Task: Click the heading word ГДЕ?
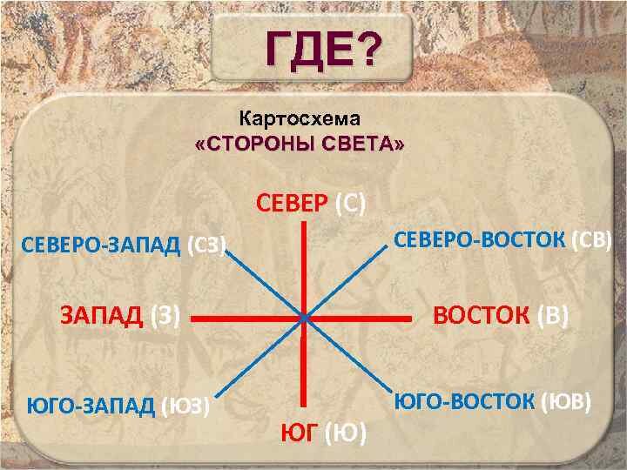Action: pos(322,49)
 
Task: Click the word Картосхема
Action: pos(300,118)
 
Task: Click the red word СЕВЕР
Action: pos(292,204)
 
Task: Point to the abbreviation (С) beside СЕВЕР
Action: pos(350,205)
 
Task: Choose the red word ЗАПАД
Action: pos(102,316)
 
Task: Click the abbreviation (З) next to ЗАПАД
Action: pos(165,316)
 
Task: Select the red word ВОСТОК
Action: pos(481,315)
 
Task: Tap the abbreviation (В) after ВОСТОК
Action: pos(552,316)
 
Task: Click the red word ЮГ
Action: pos(300,433)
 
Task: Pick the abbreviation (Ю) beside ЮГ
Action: pos(345,433)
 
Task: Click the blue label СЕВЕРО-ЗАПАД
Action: pos(101,245)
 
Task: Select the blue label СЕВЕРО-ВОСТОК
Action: pos(480,240)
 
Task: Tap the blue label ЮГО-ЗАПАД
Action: pos(91,406)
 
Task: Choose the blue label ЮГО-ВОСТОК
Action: pos(464,401)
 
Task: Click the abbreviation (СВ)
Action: pos(591,240)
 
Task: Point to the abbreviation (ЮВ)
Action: pos(566,401)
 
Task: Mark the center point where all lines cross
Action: pos(304,319)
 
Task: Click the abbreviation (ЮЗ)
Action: pos(185,406)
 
